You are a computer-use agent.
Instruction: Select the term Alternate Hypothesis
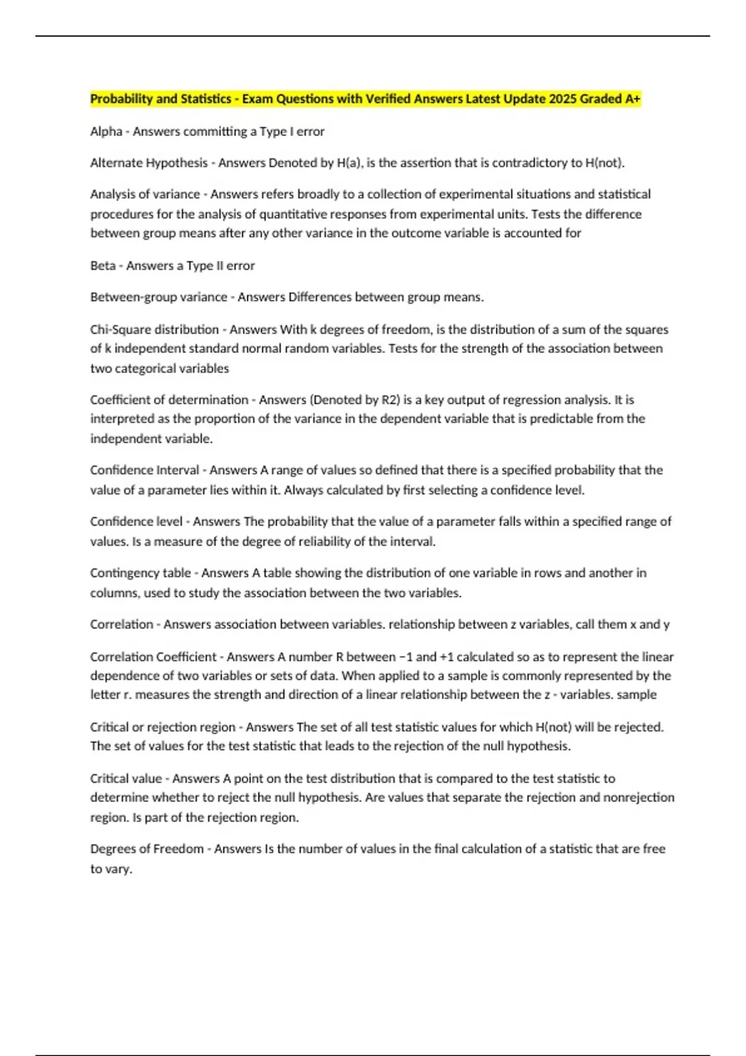coord(149,163)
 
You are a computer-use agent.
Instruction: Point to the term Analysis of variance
coord(145,194)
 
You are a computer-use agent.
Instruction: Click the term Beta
coord(103,266)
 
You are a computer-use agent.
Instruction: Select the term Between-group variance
coord(159,298)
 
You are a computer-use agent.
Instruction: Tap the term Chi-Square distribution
coord(154,329)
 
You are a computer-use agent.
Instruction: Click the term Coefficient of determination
coord(169,400)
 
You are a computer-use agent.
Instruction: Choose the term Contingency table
coord(140,573)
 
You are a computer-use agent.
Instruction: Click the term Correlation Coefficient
coord(153,657)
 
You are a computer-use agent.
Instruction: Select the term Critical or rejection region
coord(163,727)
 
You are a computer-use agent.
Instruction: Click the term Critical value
coord(126,778)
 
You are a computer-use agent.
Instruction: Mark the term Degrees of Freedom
coord(147,849)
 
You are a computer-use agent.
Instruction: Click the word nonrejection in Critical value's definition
coord(638,798)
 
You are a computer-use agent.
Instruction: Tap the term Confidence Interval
coord(144,470)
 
